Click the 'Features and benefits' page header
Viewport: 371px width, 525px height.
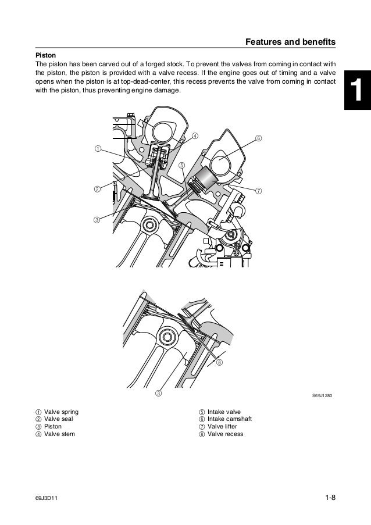point(290,42)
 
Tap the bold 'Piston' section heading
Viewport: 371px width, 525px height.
point(47,55)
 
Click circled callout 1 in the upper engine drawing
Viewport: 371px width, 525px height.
point(98,133)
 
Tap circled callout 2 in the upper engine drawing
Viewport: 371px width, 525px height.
point(97,189)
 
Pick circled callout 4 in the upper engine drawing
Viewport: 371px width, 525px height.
point(195,120)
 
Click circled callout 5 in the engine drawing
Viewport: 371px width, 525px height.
point(182,165)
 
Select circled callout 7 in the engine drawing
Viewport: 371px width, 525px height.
point(258,190)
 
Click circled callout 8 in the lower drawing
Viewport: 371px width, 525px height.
point(220,362)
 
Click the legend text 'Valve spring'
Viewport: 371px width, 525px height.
point(61,412)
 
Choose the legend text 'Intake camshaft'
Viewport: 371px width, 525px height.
point(229,419)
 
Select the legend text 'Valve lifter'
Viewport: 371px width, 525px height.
point(224,427)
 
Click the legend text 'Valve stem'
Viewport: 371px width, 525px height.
point(59,434)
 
